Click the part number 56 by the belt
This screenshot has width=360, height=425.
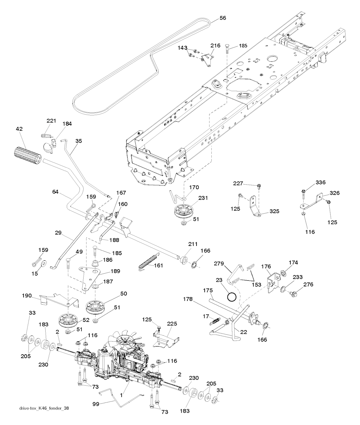point(223,18)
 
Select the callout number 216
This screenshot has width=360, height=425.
point(215,45)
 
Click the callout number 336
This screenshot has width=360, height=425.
point(311,182)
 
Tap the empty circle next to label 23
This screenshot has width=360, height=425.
point(231,298)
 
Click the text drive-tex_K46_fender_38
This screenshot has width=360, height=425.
point(44,408)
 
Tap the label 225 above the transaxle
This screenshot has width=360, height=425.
point(172,324)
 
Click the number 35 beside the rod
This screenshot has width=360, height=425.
point(78,141)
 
